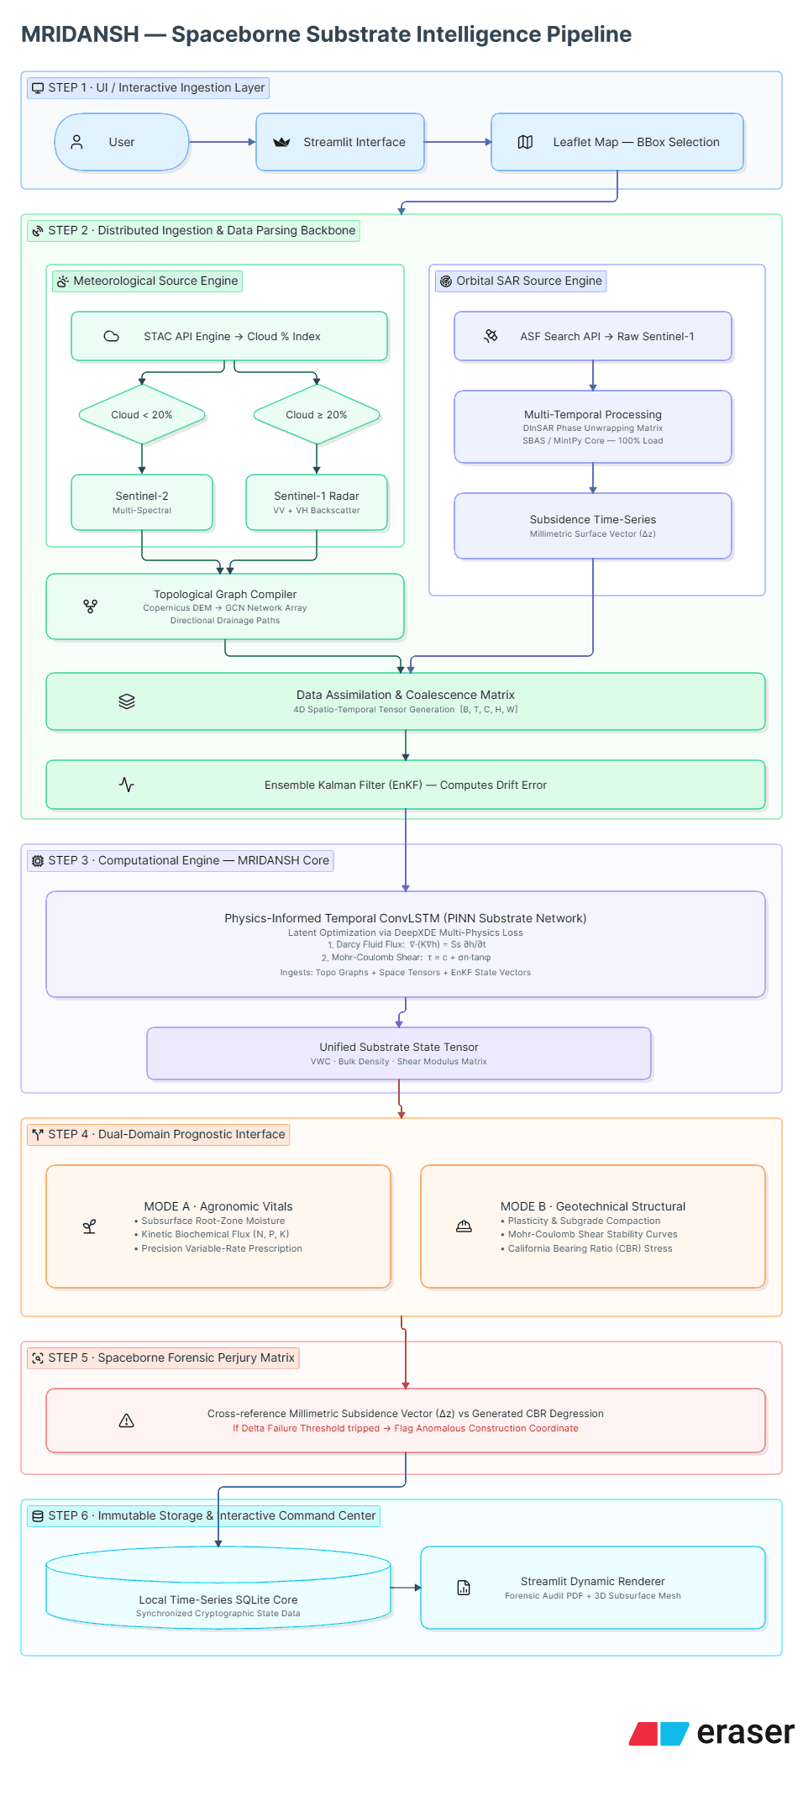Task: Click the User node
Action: tap(122, 142)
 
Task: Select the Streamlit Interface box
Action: tap(340, 142)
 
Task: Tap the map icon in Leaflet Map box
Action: tap(525, 142)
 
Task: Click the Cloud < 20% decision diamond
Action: tap(142, 414)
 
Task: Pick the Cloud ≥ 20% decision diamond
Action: tap(317, 414)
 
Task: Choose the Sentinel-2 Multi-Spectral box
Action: tap(142, 502)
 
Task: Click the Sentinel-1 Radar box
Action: tap(317, 502)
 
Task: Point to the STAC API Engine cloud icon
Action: tap(111, 336)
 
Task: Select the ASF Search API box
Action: tap(593, 336)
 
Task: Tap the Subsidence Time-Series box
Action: tap(593, 526)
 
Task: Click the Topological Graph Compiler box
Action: tap(225, 607)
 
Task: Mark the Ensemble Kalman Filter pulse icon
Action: tap(127, 785)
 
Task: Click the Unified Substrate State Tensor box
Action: tap(399, 1053)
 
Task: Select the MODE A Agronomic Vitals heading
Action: tap(218, 1206)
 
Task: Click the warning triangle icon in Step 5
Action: tap(127, 1421)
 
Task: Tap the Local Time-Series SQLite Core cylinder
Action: tap(218, 1588)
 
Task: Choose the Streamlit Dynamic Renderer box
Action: tap(593, 1588)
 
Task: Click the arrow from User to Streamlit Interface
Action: tap(223, 142)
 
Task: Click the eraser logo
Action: tap(712, 1733)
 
